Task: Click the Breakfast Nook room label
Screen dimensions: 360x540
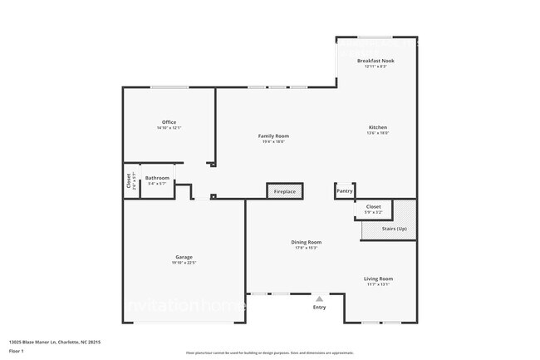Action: coord(376,61)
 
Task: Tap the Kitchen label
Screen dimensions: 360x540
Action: coord(378,127)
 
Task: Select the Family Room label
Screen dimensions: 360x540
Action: coord(272,136)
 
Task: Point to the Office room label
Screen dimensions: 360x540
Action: coord(169,122)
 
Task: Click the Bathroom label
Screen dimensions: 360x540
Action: coord(157,178)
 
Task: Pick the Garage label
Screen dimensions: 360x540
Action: coord(184,257)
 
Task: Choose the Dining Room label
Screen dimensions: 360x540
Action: coord(306,242)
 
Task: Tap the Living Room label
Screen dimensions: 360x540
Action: coord(378,279)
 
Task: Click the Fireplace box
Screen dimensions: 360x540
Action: coord(284,192)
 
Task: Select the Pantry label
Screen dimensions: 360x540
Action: coord(344,191)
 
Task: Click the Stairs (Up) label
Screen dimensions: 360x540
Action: coord(394,228)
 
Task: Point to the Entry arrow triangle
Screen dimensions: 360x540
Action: coord(319,298)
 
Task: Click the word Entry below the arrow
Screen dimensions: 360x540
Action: coord(319,308)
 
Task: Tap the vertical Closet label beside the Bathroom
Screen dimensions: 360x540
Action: coord(129,180)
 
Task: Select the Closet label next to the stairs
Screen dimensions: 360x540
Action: coord(373,206)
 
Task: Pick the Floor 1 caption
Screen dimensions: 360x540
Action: coord(16,350)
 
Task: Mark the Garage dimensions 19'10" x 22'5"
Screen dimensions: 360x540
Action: coord(184,263)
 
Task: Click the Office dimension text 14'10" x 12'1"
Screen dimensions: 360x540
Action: coord(169,128)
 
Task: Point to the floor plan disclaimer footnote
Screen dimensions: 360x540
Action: coord(269,353)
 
